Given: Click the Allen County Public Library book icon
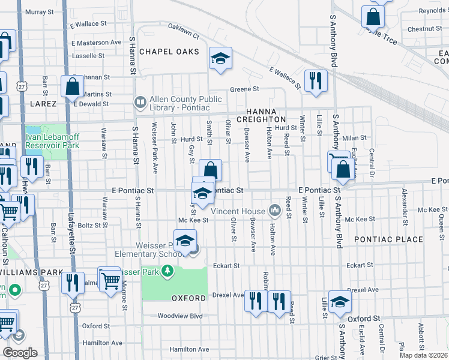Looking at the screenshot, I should tap(140, 103).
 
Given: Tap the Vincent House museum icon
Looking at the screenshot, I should tap(275, 210).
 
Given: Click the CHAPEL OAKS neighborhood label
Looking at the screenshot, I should tap(169, 52).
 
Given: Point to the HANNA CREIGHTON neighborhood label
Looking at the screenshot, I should tap(261, 115).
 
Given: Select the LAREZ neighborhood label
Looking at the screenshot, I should tap(42, 104).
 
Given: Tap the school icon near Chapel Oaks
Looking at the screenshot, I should tap(220, 59).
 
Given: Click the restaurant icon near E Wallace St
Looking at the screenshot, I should tap(315, 81).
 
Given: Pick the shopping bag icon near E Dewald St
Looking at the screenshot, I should tap(72, 87).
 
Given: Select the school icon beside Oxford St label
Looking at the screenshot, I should tap(340, 303).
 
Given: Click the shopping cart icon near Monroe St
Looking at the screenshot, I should tap(109, 280).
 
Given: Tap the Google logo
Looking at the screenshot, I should tap(20, 352).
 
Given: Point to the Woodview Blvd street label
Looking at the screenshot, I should tap(180, 316).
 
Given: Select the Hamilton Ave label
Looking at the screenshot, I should tap(188, 349).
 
